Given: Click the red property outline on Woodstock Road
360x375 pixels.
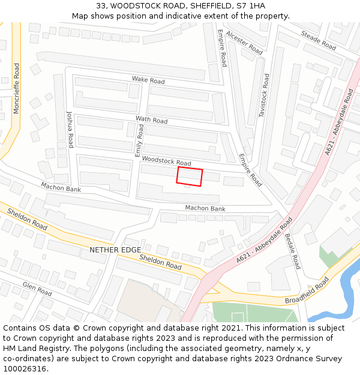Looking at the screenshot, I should click(190, 176).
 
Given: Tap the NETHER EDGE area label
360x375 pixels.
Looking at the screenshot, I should click(115, 250).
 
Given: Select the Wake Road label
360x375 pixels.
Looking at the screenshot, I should click(148, 80).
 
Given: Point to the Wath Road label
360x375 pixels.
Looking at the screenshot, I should click(151, 120).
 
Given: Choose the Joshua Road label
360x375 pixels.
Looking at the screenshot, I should click(70, 130).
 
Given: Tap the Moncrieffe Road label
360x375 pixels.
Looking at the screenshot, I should click(16, 88).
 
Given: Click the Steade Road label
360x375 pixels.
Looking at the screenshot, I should click(318, 40).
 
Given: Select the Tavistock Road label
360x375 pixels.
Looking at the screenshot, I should click(262, 95).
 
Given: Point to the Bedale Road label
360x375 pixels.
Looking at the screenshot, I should click(292, 250).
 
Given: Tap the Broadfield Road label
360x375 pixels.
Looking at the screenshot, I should click(307, 290).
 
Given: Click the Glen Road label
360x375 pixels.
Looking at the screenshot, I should click(37, 289).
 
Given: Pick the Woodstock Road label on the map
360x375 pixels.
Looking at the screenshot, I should click(167, 161).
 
